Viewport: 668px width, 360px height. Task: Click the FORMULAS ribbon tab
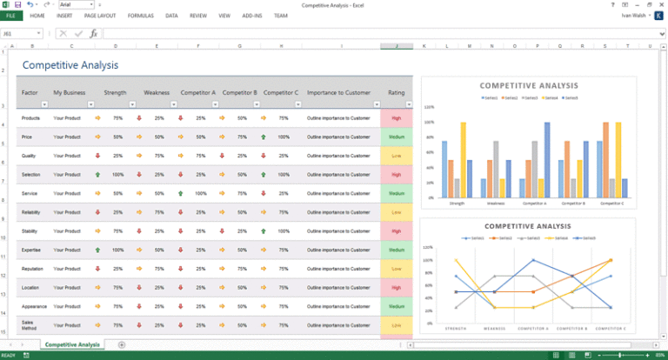140,16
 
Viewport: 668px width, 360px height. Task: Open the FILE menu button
10,16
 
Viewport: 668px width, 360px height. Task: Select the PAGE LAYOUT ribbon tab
100,16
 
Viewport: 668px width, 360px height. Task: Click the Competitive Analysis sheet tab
72,345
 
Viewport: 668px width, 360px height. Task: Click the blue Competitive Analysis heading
70,65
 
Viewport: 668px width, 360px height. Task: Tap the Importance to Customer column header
337,92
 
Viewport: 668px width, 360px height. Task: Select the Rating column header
396,92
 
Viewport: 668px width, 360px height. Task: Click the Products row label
30,117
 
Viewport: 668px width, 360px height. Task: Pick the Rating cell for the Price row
396,137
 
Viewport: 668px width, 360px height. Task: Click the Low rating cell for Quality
396,156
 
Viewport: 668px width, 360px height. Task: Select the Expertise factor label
31,250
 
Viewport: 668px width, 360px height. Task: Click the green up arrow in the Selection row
97,175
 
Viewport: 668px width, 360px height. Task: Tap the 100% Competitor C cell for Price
284,137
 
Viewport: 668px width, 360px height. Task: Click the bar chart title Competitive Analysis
528,85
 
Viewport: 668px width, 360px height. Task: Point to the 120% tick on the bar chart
429,106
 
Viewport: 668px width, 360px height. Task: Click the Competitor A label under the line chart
533,329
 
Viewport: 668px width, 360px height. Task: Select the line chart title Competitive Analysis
528,226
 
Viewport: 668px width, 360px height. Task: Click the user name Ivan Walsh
633,16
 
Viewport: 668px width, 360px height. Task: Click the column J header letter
396,45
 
